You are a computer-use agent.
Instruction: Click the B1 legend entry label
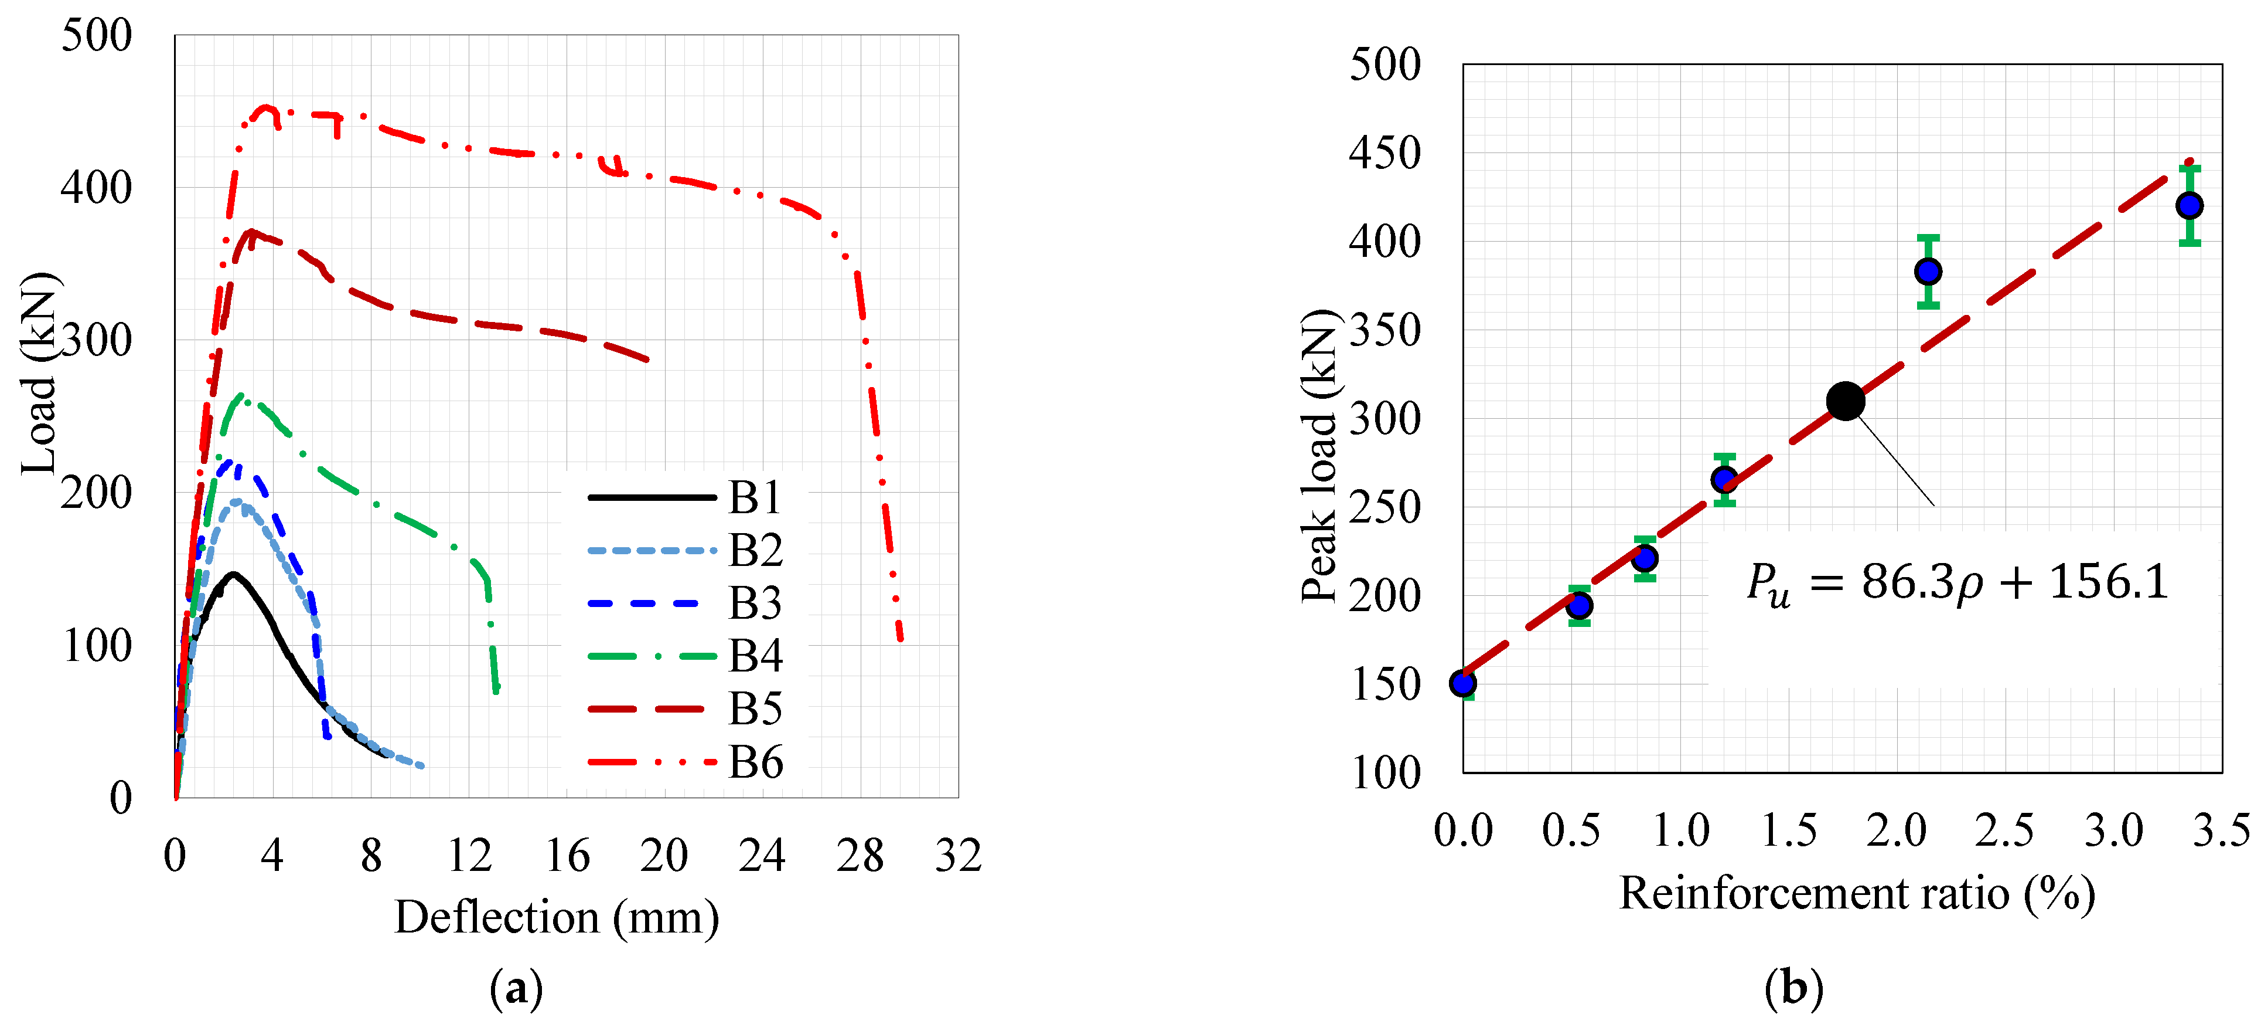[755, 498]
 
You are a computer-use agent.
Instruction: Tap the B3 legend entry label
[755, 603]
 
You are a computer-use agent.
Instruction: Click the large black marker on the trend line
[1845, 401]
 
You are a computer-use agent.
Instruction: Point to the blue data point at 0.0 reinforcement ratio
[1463, 683]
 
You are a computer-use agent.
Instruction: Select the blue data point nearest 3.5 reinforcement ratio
[2189, 205]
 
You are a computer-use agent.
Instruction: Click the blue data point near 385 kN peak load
[1928, 272]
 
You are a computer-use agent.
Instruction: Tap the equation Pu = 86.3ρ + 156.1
[1956, 583]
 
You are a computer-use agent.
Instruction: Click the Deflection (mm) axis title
[557, 918]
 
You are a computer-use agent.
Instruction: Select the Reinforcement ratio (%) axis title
[1856, 894]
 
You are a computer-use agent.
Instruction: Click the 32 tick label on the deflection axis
[957, 855]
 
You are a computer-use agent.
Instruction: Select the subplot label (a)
[516, 989]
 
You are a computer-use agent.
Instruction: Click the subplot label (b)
[1793, 989]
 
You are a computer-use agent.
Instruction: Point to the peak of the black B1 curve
[233, 574]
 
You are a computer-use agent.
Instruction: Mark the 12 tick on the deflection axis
[469, 855]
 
